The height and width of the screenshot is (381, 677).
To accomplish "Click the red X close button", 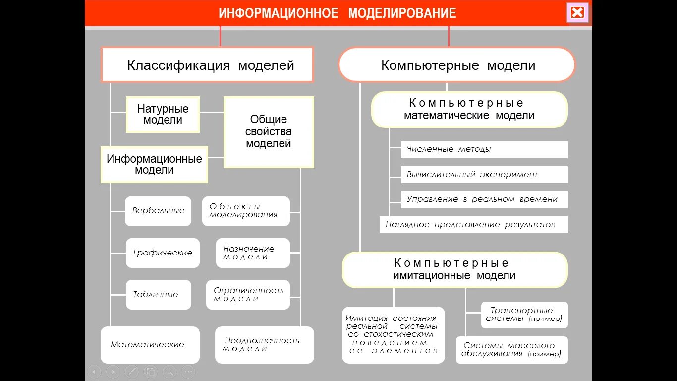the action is click(577, 13).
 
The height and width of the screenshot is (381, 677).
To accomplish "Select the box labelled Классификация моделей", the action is click(207, 64).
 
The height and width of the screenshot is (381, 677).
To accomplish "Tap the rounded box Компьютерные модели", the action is click(456, 64).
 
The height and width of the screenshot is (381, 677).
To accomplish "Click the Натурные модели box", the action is click(163, 115).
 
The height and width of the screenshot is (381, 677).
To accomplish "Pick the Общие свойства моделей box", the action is click(269, 132).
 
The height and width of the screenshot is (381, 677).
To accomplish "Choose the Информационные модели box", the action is click(154, 164).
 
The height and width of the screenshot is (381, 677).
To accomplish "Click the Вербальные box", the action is click(158, 211).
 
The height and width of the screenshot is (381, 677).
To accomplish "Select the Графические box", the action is click(163, 253).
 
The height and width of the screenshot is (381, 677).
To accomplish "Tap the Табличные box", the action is click(158, 295).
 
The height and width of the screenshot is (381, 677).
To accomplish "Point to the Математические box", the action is click(150, 345).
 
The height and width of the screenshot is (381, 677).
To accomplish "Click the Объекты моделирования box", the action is click(246, 211).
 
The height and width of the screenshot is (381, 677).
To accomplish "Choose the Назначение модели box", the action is click(253, 253).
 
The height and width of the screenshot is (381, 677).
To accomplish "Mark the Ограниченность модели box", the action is click(248, 295).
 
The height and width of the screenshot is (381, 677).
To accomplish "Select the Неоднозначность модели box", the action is click(265, 345).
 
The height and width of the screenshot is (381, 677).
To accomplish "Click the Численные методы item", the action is click(484, 149).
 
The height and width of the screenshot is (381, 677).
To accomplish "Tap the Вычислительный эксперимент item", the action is click(484, 175).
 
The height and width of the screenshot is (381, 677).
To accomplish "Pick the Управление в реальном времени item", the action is click(484, 199).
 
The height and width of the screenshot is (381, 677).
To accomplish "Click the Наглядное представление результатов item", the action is click(473, 225).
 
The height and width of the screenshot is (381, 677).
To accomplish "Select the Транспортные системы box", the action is click(524, 315).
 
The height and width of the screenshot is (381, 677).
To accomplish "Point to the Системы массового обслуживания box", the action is click(511, 350).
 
